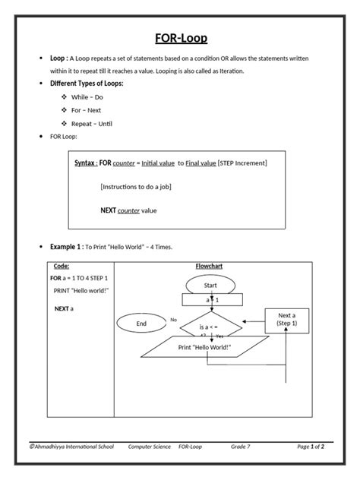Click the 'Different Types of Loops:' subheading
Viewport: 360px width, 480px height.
[86, 83]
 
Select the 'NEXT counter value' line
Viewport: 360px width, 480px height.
[131, 210]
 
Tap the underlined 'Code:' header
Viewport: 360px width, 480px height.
[62, 267]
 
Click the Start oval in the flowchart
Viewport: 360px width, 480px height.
[211, 284]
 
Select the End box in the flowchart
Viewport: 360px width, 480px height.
[141, 324]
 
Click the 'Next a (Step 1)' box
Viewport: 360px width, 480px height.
[288, 319]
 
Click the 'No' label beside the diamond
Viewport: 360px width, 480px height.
[173, 320]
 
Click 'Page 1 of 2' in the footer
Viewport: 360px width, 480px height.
[311, 447]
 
